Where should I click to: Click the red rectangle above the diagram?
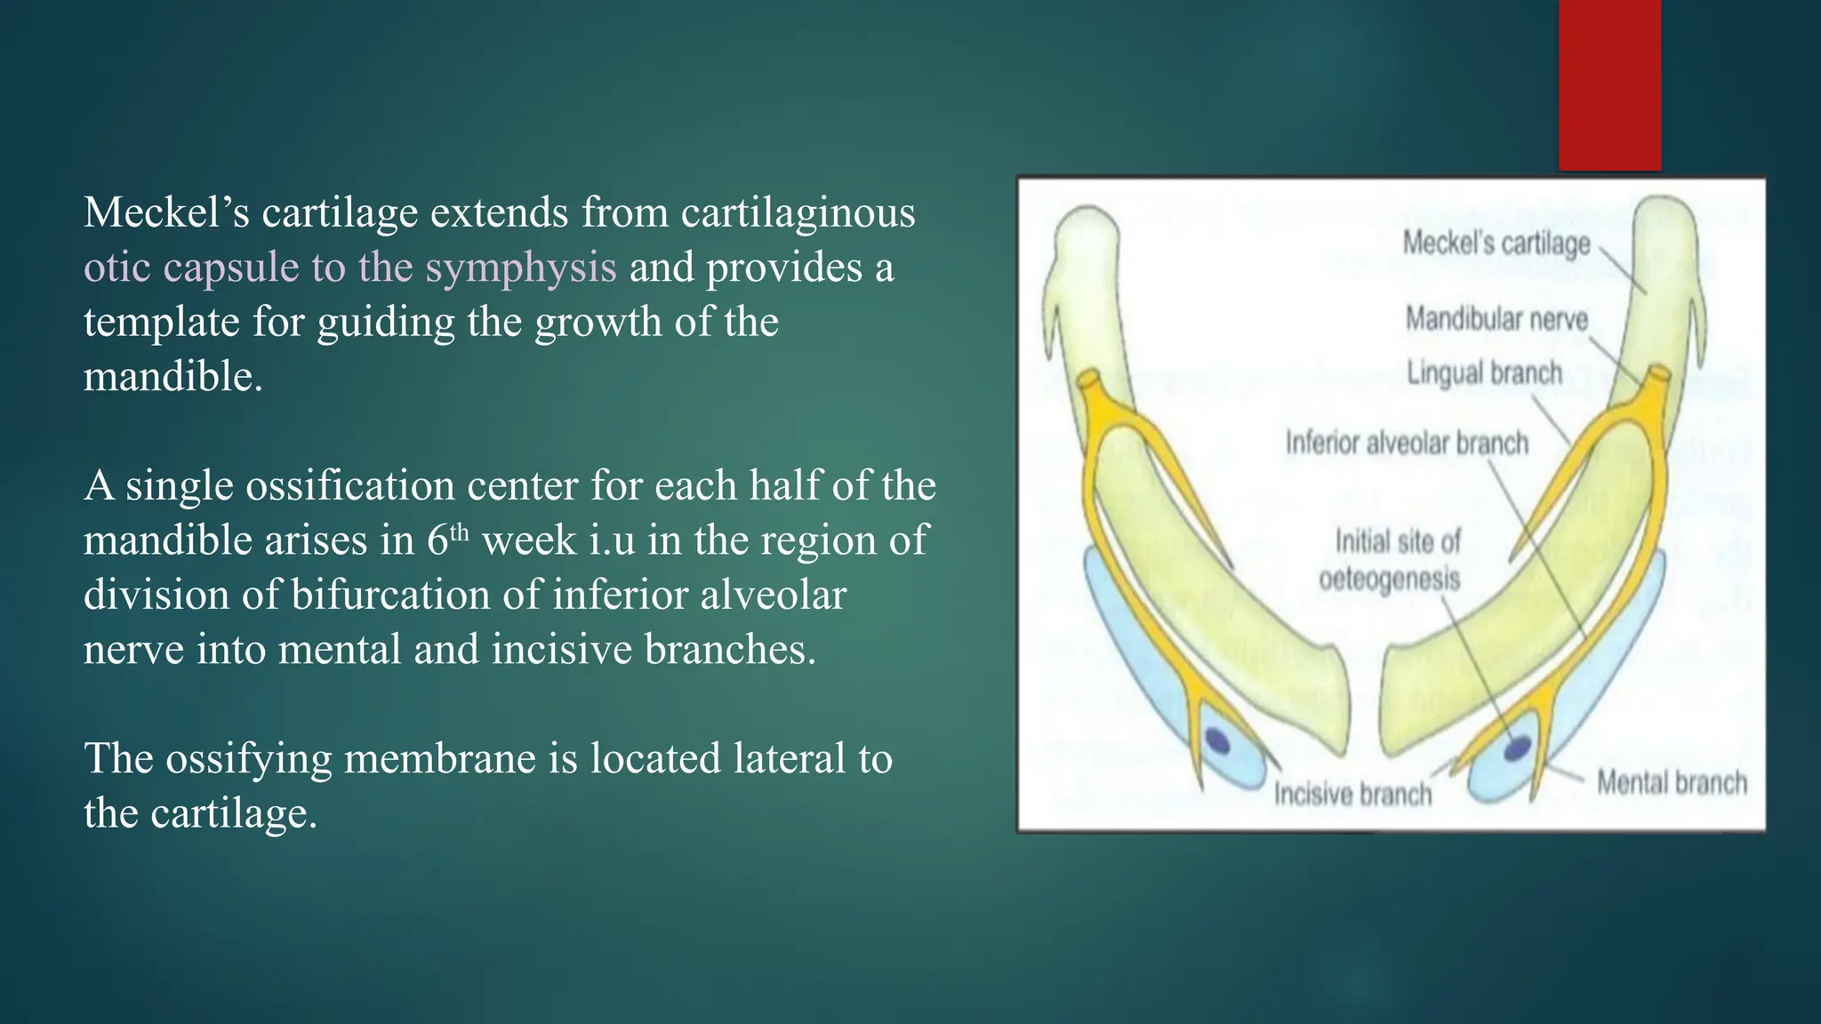pyautogui.click(x=1609, y=84)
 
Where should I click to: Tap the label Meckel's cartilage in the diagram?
pyautogui.click(x=1496, y=243)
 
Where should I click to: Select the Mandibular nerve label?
pyautogui.click(x=1496, y=318)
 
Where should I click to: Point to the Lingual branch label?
pyautogui.click(x=1484, y=373)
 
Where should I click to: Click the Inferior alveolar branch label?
pyautogui.click(x=1407, y=443)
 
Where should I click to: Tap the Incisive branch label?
pyautogui.click(x=1352, y=794)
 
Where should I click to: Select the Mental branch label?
pyautogui.click(x=1672, y=782)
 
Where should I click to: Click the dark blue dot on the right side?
pyautogui.click(x=1517, y=748)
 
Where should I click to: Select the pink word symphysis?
pyautogui.click(x=520, y=268)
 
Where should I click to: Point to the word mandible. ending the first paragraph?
pyautogui.click(x=173, y=377)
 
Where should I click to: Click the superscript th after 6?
pyautogui.click(x=459, y=532)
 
